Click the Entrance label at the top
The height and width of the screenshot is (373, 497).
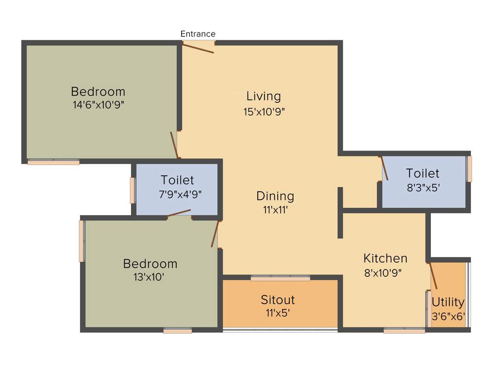(x=198, y=34)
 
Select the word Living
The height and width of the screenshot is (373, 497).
(x=264, y=96)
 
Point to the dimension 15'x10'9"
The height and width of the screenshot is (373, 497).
(x=264, y=112)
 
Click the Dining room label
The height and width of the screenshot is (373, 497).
(x=275, y=196)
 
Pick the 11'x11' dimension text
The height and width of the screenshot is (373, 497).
(x=275, y=211)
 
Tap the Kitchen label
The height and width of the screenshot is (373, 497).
(x=385, y=258)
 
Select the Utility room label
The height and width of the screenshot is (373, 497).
(x=448, y=302)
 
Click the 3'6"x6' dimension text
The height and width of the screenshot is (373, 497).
(x=448, y=316)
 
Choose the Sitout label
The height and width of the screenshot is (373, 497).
(x=278, y=300)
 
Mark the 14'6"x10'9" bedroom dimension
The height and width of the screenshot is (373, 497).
(x=98, y=105)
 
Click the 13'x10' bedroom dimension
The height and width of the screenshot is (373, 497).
(x=150, y=277)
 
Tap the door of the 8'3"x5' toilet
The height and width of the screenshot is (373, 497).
(x=384, y=168)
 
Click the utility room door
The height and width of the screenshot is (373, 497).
(x=433, y=276)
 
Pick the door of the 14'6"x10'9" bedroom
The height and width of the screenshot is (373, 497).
(x=175, y=145)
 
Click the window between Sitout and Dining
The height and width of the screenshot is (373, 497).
(x=280, y=278)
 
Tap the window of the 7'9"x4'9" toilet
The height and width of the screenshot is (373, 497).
(x=133, y=190)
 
